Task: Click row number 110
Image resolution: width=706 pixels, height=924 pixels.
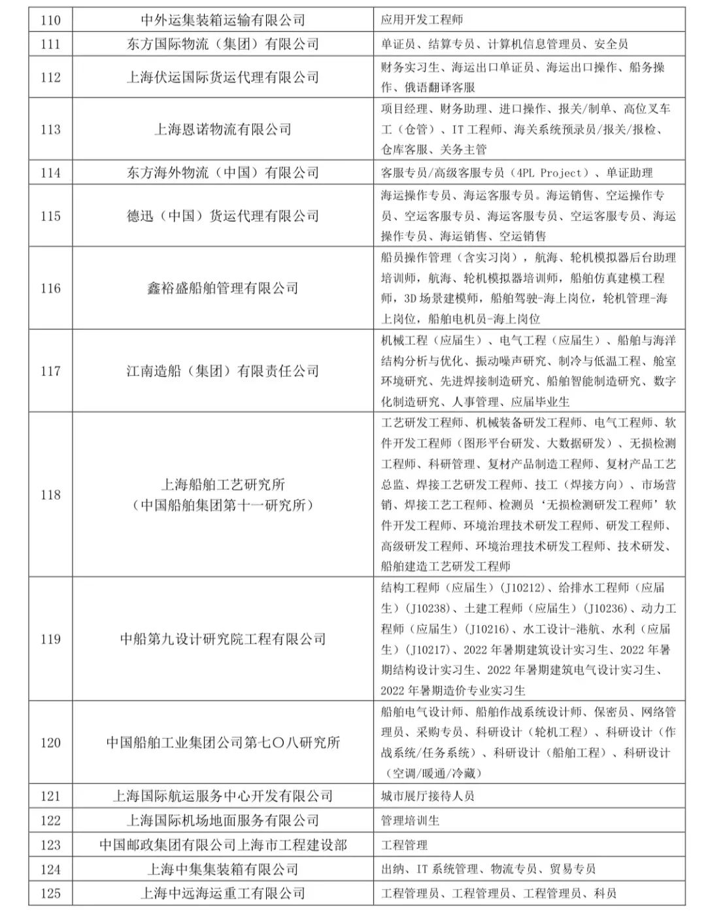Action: pos(50,20)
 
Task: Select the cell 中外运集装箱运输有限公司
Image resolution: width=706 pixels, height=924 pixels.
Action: pos(222,20)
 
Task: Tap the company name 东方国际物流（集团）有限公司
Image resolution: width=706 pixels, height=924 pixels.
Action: pos(222,44)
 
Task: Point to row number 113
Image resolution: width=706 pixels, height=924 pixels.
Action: pos(50,129)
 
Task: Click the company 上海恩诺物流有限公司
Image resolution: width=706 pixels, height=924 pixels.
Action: pos(222,129)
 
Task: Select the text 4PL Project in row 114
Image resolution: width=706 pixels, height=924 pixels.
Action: pos(546,173)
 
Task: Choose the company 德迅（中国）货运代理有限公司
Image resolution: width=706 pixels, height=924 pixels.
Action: pos(222,216)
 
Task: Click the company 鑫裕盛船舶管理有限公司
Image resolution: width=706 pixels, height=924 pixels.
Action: pos(222,288)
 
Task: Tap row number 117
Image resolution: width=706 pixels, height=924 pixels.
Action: pos(50,371)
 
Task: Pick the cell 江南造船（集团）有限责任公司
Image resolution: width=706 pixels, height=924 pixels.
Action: pos(222,371)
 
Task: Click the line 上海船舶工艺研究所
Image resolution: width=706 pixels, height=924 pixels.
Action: pos(222,485)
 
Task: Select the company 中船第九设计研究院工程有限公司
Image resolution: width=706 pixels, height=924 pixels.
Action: pos(222,639)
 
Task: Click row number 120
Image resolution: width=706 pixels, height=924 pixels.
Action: pos(50,743)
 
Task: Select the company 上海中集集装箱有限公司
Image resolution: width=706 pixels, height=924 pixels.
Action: pos(222,869)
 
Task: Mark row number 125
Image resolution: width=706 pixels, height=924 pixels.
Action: pos(50,893)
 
